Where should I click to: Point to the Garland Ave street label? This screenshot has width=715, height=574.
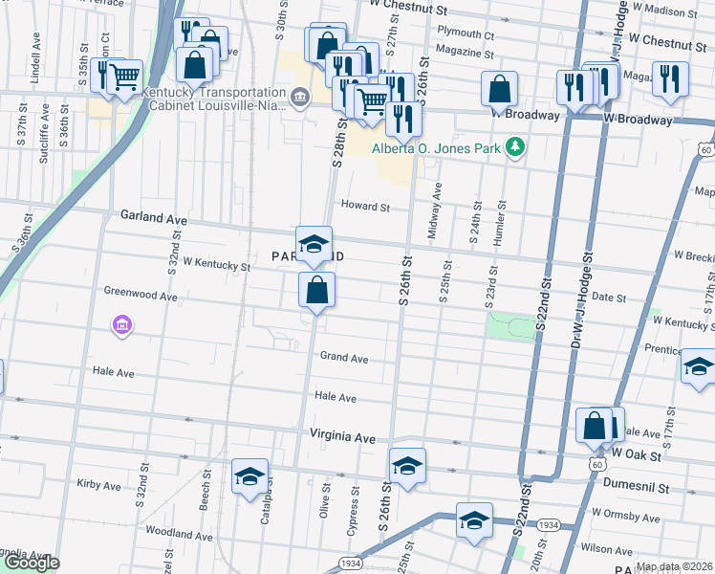[153, 218]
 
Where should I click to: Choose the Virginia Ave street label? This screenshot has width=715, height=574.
[343, 435]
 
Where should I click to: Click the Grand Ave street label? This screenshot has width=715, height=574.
[344, 358]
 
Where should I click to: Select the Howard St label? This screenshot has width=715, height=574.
[366, 207]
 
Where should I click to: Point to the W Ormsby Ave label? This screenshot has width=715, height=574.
[626, 516]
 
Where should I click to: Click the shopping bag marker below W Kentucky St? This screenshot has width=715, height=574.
[316, 289]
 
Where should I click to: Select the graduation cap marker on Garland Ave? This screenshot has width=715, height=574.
[314, 244]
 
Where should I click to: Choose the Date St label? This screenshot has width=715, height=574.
[608, 298]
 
